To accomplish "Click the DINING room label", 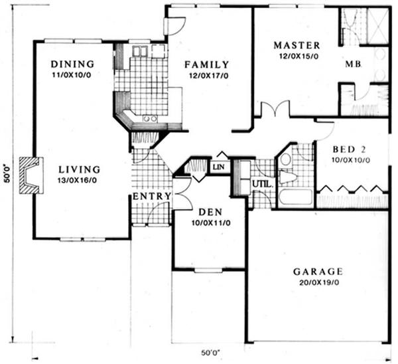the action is [72, 64].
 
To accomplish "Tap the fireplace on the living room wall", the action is [31, 176].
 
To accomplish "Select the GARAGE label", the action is [318, 272].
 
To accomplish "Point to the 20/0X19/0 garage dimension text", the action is [319, 282].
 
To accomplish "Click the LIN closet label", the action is [218, 167].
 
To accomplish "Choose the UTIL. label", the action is [263, 184].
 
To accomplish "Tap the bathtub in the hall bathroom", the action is [295, 199].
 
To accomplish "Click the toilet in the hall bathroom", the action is [288, 175].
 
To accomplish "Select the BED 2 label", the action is [349, 149].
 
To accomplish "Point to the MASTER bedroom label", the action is [297, 45].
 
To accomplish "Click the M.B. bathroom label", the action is [353, 64].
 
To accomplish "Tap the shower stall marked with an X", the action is [377, 26].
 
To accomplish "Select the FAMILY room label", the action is [206, 64].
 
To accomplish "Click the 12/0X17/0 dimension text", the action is [208, 76].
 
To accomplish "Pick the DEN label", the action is [210, 212].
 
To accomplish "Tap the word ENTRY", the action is [152, 196].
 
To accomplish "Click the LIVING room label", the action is [80, 169].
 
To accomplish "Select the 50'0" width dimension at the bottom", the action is [210, 353].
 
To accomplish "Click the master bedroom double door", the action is [275, 109].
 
